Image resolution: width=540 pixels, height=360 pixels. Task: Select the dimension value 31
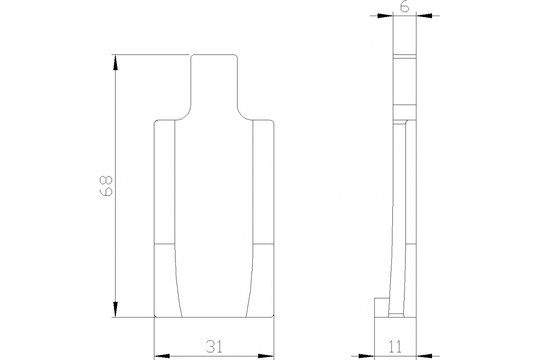pos(214,346)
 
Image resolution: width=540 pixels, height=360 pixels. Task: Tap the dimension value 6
pos(405,8)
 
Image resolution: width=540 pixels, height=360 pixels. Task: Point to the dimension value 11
pos(395,346)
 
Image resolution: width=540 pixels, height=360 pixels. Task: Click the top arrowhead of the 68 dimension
pos(116,63)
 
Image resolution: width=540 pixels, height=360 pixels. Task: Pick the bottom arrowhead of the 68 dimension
pos(116,310)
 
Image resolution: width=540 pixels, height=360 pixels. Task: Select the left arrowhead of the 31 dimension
pos(162,356)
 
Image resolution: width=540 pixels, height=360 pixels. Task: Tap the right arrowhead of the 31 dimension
pos(266,356)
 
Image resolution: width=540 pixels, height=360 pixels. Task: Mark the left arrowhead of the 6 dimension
pos(385,16)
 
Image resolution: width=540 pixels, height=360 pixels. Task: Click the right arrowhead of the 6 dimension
pos(424,16)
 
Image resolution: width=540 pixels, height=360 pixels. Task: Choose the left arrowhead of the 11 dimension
pos(367,356)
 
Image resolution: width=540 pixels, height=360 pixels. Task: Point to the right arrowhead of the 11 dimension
pos(424,356)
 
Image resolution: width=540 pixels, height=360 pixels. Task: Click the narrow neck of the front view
pos(214,81)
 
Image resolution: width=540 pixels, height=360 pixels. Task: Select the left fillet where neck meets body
pos(185,115)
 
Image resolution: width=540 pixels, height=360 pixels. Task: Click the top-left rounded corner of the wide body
pos(156,122)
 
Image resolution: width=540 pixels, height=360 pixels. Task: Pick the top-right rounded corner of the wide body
pos(272,122)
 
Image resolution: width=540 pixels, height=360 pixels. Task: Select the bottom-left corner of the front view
pos(156,316)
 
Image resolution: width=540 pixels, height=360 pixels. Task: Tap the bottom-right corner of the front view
pos(273,316)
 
